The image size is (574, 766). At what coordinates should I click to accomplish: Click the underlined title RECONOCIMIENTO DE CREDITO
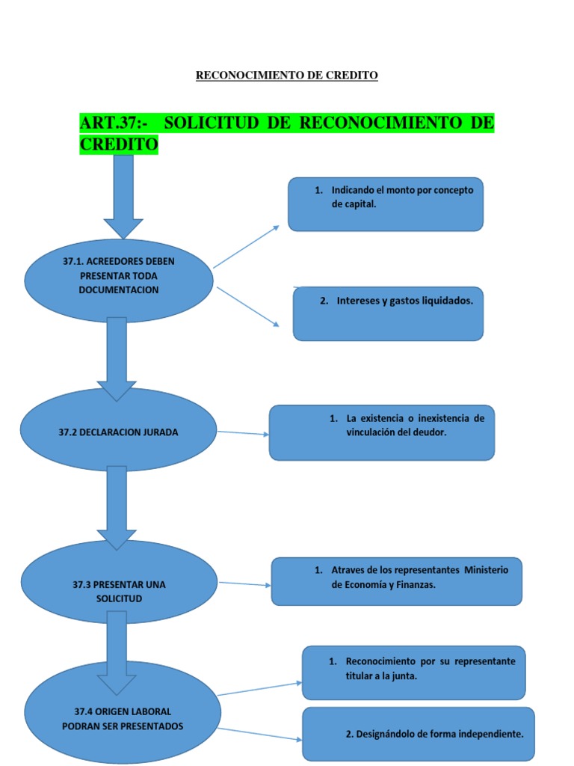point(286,76)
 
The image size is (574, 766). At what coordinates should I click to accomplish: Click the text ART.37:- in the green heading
point(114,123)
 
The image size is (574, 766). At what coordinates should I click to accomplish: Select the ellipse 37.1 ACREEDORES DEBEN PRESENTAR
point(119,281)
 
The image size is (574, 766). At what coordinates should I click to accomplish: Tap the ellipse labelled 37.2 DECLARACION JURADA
point(118,430)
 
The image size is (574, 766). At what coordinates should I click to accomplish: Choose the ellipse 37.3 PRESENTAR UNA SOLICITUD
point(119,582)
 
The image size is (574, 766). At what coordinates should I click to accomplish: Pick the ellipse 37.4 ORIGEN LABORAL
point(123,712)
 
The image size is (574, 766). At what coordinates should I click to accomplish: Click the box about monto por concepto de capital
point(386,204)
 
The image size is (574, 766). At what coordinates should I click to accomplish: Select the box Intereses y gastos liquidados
point(388,313)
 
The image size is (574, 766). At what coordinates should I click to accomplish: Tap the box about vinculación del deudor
point(382,432)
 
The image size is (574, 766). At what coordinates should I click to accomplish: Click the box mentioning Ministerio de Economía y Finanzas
point(396,581)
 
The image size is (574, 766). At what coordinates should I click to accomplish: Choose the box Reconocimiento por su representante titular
point(414,672)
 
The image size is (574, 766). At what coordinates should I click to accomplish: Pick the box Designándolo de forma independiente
point(419,734)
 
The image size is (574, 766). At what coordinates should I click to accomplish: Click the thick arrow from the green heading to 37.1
point(123,197)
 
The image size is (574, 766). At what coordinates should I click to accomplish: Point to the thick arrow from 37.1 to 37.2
point(117,359)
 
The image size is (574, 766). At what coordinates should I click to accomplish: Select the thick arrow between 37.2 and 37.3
point(117,508)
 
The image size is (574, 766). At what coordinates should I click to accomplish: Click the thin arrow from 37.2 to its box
point(243,433)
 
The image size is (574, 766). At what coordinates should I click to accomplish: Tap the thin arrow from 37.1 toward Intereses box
point(248,307)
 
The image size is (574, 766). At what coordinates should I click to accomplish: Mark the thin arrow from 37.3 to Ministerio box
point(244,583)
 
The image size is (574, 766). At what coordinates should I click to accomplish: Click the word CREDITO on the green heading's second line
point(119,144)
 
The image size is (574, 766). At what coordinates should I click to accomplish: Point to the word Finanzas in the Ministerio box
point(415,584)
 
